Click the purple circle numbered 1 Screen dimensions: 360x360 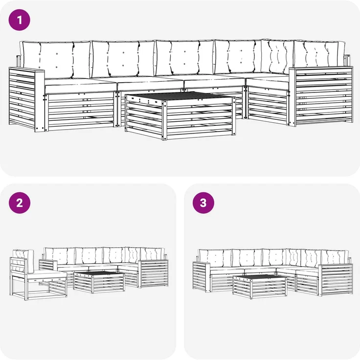(19, 20)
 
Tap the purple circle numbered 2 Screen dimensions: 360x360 (20, 203)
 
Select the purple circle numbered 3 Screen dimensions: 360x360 (203, 203)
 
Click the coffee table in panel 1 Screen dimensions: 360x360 (180, 116)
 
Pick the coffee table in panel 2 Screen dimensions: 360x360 (99, 282)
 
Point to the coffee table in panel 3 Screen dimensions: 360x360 (260, 287)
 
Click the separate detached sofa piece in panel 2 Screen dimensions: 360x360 (38, 275)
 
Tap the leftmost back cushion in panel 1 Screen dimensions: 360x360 (56, 60)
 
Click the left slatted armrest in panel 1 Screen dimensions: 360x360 (27, 99)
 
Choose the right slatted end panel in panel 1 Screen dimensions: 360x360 (321, 96)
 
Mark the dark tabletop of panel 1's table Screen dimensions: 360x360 (180, 96)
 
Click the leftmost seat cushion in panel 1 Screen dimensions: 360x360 (80, 86)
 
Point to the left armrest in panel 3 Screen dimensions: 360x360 (202, 277)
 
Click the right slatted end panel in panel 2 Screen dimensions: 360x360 (153, 274)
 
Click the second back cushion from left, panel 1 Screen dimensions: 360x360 (123, 59)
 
